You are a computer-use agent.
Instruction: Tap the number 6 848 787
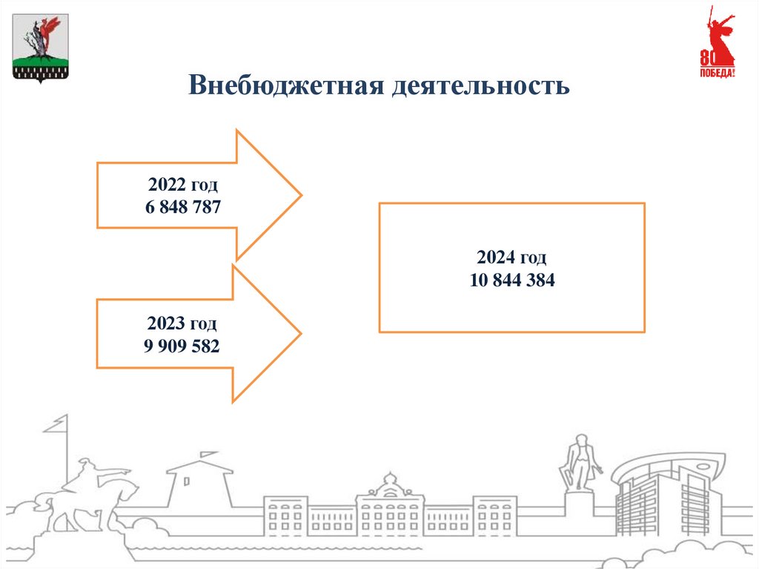pyautogui.click(x=183, y=207)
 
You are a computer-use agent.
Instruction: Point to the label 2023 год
pyautogui.click(x=182, y=323)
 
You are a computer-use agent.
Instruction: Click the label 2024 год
pyautogui.click(x=511, y=258)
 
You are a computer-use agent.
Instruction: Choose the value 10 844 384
pyautogui.click(x=511, y=280)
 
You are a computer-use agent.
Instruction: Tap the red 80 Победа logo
pyautogui.click(x=717, y=45)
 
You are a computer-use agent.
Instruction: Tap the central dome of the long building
pyautogui.click(x=389, y=487)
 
